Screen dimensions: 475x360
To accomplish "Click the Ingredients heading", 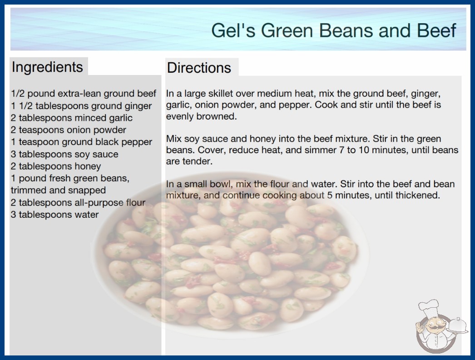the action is coord(47,67).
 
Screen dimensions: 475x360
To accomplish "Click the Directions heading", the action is coord(199,68).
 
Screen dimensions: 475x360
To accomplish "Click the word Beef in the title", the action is coord(436,30).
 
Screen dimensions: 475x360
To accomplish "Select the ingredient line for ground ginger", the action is coord(81,106).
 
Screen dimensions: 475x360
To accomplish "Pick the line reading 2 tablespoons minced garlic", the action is coord(72,118).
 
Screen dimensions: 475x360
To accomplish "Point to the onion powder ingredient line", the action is coord(69,130).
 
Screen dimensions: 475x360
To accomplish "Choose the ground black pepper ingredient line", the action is coord(81,142).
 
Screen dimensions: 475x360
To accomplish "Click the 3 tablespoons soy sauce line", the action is coord(64,154).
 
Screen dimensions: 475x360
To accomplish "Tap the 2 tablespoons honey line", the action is coord(56,166).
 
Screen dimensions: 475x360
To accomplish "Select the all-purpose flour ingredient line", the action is coord(78,202).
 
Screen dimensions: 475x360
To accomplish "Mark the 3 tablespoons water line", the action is coord(55,215).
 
